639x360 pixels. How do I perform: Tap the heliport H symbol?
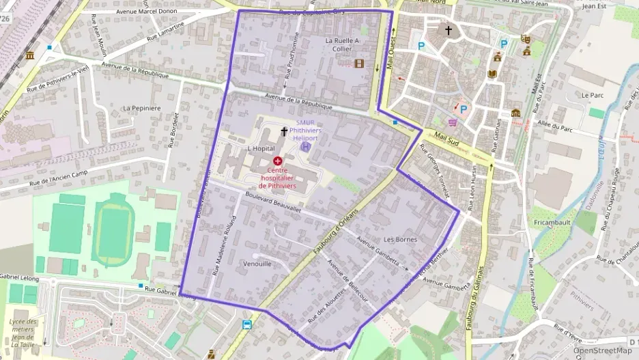coord(306,146)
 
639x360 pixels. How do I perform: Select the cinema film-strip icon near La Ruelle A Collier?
coord(359,64)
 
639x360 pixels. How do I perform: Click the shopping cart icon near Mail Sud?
coord(452,122)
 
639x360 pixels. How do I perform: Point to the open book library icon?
coord(492,73)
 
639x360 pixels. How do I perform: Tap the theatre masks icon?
coord(524,40)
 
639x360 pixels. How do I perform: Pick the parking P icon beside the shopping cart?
coord(464,109)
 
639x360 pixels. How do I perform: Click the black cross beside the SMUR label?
coord(284,130)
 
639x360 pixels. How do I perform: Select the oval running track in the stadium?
coord(110,232)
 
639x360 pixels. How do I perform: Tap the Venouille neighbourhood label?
coord(257,263)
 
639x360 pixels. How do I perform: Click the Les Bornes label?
coord(400,239)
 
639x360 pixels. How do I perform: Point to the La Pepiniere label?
coord(141,108)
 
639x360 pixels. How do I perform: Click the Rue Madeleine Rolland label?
coord(224,246)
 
